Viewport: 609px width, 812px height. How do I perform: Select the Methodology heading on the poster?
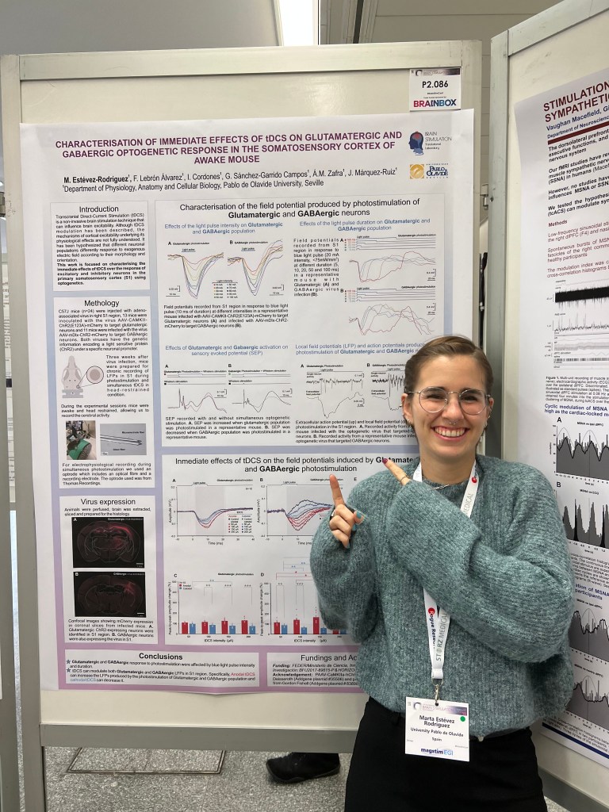[x=101, y=303]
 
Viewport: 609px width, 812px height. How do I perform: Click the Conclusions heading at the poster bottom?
[x=161, y=656]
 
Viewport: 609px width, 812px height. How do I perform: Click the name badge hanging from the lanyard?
[x=436, y=727]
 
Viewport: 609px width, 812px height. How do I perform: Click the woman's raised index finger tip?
[x=333, y=481]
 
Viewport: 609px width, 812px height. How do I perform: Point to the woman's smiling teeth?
[x=451, y=432]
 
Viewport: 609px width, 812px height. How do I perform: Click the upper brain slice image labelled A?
[x=109, y=538]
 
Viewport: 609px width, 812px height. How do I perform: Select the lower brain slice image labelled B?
[x=109, y=593]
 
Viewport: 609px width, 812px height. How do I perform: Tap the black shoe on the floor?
[x=302, y=767]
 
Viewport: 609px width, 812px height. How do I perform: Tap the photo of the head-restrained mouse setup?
[x=82, y=439]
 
